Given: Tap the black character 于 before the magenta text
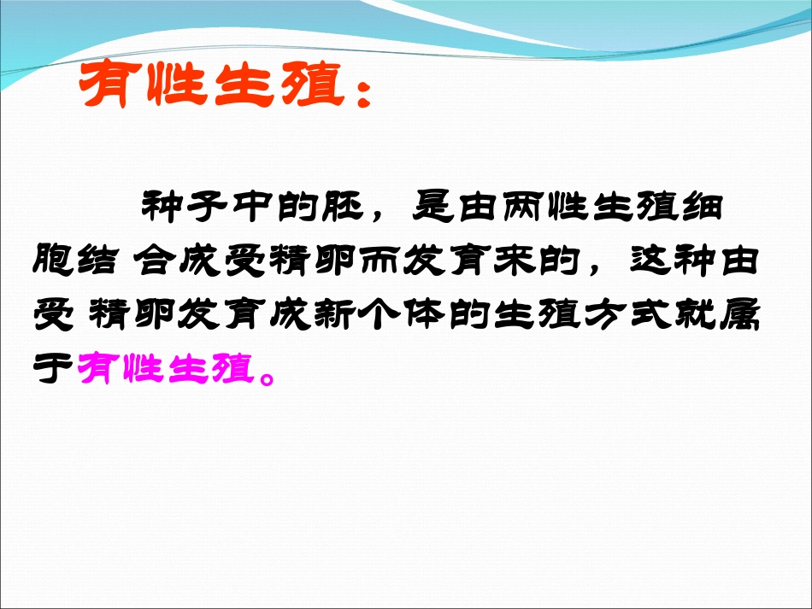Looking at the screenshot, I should click(x=55, y=369).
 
